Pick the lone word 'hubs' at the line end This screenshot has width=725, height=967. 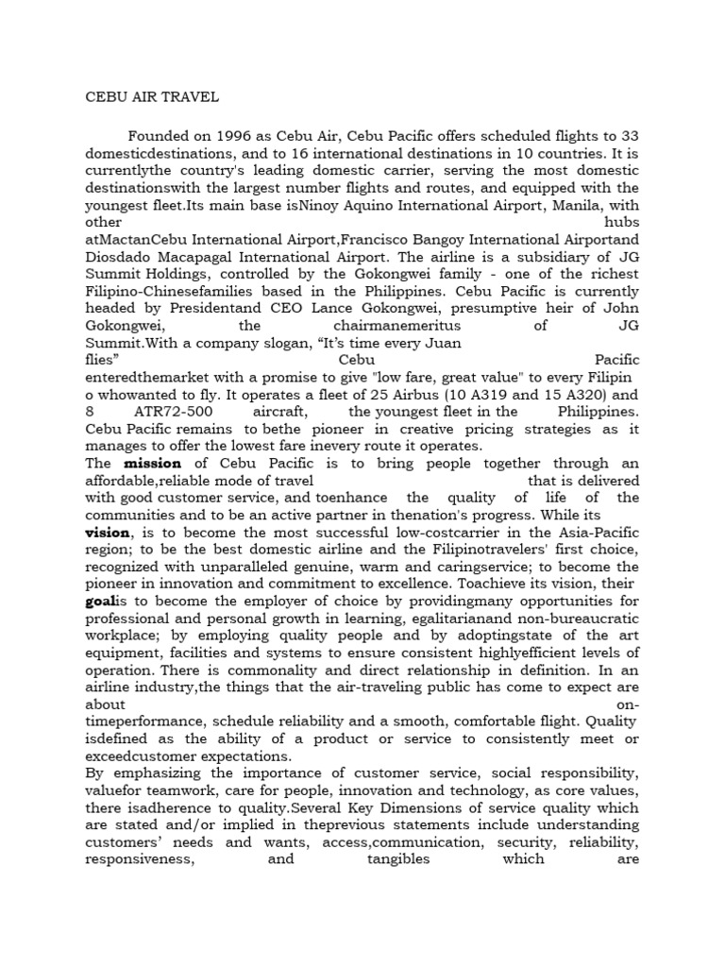620,223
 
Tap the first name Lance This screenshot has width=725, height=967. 336,308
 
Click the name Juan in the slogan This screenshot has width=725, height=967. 443,343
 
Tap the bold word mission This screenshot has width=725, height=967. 154,464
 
